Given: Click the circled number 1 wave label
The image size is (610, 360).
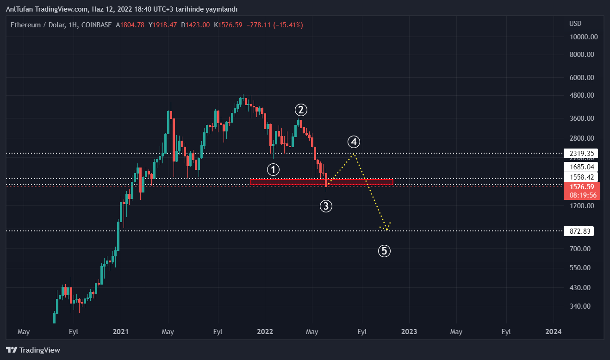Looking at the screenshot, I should [274, 169].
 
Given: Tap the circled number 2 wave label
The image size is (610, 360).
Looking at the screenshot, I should [301, 110].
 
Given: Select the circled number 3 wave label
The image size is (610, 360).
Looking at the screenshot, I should [326, 206].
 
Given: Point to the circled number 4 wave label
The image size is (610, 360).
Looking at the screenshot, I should [354, 142].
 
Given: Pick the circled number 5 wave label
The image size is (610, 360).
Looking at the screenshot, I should [384, 251].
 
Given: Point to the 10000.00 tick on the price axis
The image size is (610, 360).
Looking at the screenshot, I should [583, 37].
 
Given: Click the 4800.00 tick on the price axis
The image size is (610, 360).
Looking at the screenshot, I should [583, 95].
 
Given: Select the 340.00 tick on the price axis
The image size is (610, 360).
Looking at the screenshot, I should [581, 306].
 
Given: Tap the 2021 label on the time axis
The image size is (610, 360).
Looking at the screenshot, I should [120, 332].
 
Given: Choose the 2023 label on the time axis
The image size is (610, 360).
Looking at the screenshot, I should [409, 332].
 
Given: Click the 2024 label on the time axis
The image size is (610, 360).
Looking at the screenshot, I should [553, 332].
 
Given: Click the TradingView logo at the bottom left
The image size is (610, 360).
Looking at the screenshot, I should [33, 350].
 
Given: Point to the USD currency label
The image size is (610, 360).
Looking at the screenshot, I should [575, 24].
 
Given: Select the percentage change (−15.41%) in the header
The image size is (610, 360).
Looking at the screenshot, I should [288, 25].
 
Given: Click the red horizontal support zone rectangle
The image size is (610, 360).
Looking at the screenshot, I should [322, 182].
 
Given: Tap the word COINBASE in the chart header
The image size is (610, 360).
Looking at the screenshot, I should [96, 25].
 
